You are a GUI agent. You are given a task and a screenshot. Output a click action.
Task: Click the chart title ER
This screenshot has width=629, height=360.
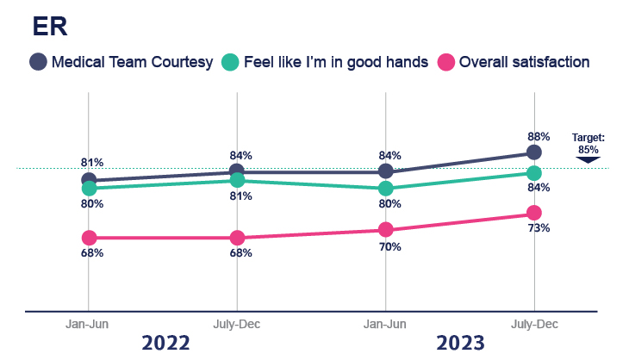pos(50,27)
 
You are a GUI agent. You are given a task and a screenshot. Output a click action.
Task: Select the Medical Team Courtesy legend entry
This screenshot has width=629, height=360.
pos(121,62)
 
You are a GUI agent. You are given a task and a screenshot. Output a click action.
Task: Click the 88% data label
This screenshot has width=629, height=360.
pos(534,135)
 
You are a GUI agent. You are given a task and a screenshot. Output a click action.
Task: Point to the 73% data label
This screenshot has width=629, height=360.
pos(539,228)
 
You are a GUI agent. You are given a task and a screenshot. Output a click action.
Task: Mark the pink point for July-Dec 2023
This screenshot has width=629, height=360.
pos(534,213)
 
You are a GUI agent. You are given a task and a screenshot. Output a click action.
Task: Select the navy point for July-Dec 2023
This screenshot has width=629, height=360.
pos(534,152)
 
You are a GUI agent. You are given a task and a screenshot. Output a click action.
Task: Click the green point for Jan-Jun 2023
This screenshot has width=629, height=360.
pos(386,188)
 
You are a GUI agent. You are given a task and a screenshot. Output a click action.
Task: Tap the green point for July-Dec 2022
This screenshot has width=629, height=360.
pos(237,180)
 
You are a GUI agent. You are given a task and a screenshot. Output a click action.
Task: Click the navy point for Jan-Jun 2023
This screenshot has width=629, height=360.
pos(386,171)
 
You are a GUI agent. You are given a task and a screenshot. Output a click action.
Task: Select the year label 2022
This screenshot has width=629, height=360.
pos(165,342)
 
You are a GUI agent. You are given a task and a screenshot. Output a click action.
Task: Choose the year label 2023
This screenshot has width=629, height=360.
pos(460,342)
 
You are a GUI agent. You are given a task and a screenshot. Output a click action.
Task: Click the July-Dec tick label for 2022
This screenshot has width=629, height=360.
pos(237,324)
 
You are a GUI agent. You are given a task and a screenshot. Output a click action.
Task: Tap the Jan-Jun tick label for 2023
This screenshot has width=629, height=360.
pos(385,324)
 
